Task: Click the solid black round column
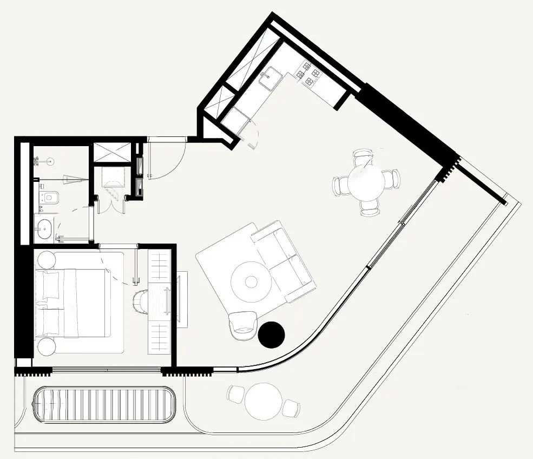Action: pyautogui.click(x=271, y=335)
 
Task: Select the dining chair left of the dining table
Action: pyautogui.click(x=341, y=186)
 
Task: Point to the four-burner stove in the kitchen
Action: pyautogui.click(x=307, y=74)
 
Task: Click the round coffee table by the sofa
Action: pyautogui.click(x=251, y=281)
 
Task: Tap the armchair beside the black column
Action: pyautogui.click(x=242, y=326)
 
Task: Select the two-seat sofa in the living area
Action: pyautogui.click(x=284, y=260)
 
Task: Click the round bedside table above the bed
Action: pyautogui.click(x=45, y=259)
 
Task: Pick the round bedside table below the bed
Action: pyautogui.click(x=47, y=345)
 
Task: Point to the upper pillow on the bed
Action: pyautogui.click(x=48, y=285)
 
